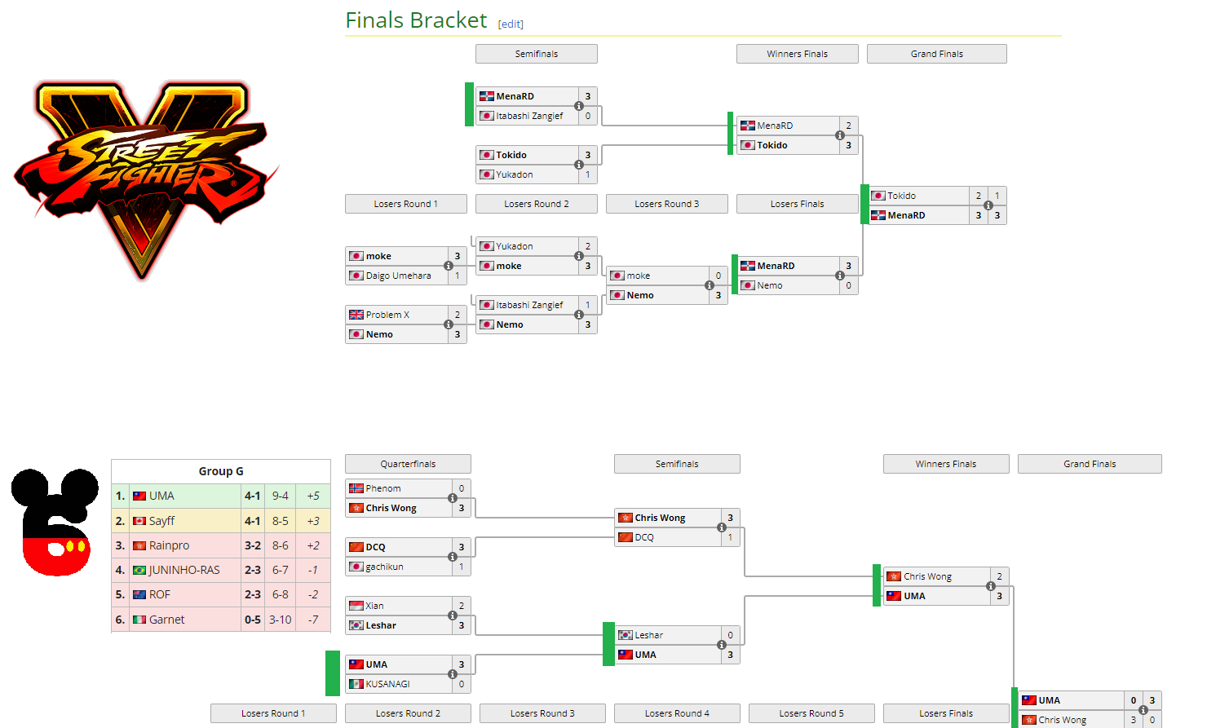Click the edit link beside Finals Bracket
click(511, 24)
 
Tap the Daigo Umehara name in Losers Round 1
click(398, 276)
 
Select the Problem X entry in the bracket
click(387, 315)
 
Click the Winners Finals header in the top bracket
click(797, 54)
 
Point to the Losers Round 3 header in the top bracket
click(666, 204)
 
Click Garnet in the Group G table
click(166, 620)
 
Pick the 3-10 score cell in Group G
click(281, 620)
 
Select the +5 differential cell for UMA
click(313, 496)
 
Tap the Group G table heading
click(221, 471)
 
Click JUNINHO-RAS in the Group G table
click(184, 570)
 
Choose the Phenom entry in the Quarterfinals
click(383, 488)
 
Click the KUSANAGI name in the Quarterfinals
click(387, 684)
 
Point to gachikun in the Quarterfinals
click(384, 567)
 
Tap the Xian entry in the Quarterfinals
click(374, 606)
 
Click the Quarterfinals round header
click(408, 464)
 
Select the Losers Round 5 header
click(811, 713)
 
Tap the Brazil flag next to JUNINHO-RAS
click(139, 570)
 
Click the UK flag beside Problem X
click(356, 315)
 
